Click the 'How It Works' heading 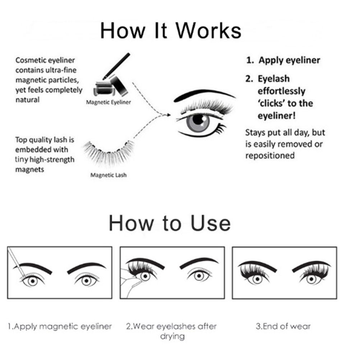point(171,31)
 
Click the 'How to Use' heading point(170,223)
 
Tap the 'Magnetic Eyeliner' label point(109,102)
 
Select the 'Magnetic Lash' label point(109,175)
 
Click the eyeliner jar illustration point(105,88)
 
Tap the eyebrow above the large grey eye point(204,95)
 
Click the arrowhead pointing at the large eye point(169,115)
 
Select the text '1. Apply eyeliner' point(283,60)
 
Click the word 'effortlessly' point(281,91)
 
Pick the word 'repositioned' point(270,156)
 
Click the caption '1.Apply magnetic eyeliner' point(60,326)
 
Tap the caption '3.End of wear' point(283,326)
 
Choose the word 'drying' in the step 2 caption point(172,336)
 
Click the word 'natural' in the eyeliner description point(27,100)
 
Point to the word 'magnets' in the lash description point(29,170)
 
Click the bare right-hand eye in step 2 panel point(199,275)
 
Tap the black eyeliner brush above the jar point(116,66)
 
